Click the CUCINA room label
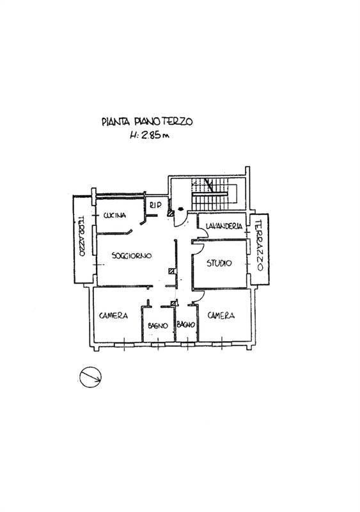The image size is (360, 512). [x=114, y=216]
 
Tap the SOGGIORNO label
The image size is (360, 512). [x=132, y=255]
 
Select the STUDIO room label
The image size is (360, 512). [x=219, y=263]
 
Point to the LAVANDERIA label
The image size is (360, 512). [x=224, y=226]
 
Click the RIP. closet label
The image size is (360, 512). [x=155, y=205]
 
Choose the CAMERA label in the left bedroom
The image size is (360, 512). [x=113, y=316]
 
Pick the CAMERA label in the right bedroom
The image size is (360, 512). [x=221, y=316]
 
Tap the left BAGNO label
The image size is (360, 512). [x=158, y=326]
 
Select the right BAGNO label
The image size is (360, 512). [x=185, y=324]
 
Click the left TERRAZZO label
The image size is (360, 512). [x=81, y=236]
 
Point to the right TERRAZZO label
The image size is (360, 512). [x=259, y=246]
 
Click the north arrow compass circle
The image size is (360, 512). [x=90, y=377]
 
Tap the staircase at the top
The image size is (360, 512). [x=213, y=195]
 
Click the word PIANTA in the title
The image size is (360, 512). [x=116, y=122]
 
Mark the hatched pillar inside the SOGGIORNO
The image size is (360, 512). [x=172, y=271]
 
